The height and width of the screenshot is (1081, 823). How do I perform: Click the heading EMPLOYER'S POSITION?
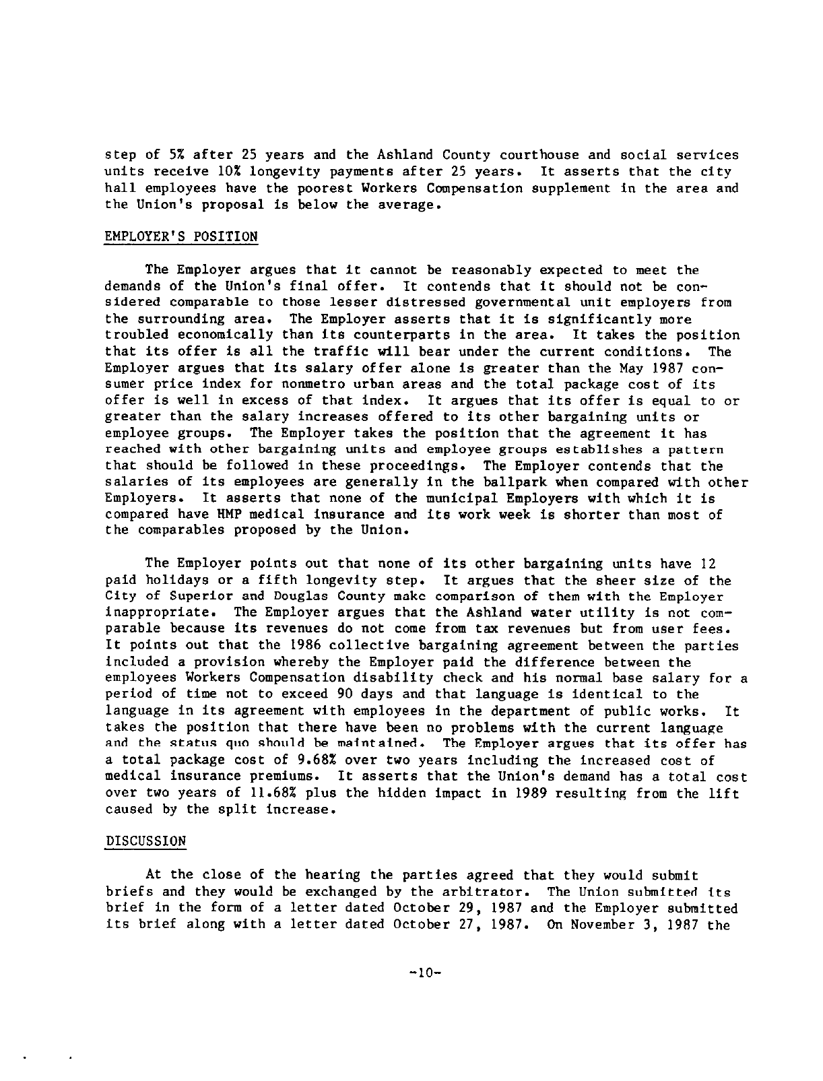pos(181,236)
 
